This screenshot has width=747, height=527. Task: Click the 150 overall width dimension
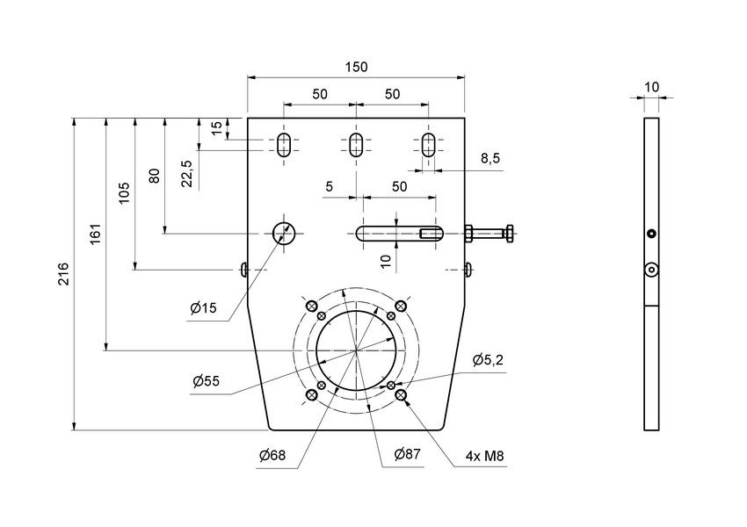coord(356,68)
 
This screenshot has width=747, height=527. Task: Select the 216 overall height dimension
coord(64,273)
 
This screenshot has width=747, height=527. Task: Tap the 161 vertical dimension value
coord(96,235)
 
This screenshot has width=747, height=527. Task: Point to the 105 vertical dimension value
coord(125,192)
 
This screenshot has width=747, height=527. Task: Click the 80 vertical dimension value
coord(155,175)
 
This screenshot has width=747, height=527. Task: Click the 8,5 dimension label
coord(490,159)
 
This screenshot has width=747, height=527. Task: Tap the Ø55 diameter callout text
coord(207,381)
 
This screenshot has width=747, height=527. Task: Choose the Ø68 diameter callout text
coord(272,455)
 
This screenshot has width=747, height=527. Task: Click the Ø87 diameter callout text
coord(407,454)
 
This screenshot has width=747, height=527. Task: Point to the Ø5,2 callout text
coord(489,359)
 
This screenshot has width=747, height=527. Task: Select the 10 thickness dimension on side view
coord(651,87)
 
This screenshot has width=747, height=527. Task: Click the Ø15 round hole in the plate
coord(283,233)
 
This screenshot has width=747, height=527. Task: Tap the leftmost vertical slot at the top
coord(283,145)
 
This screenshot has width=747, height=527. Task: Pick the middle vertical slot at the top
coord(356,145)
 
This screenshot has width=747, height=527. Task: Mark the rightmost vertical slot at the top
coord(429,145)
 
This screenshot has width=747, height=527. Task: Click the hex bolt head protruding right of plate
coord(470,233)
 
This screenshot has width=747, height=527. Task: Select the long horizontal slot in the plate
coord(398,233)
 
